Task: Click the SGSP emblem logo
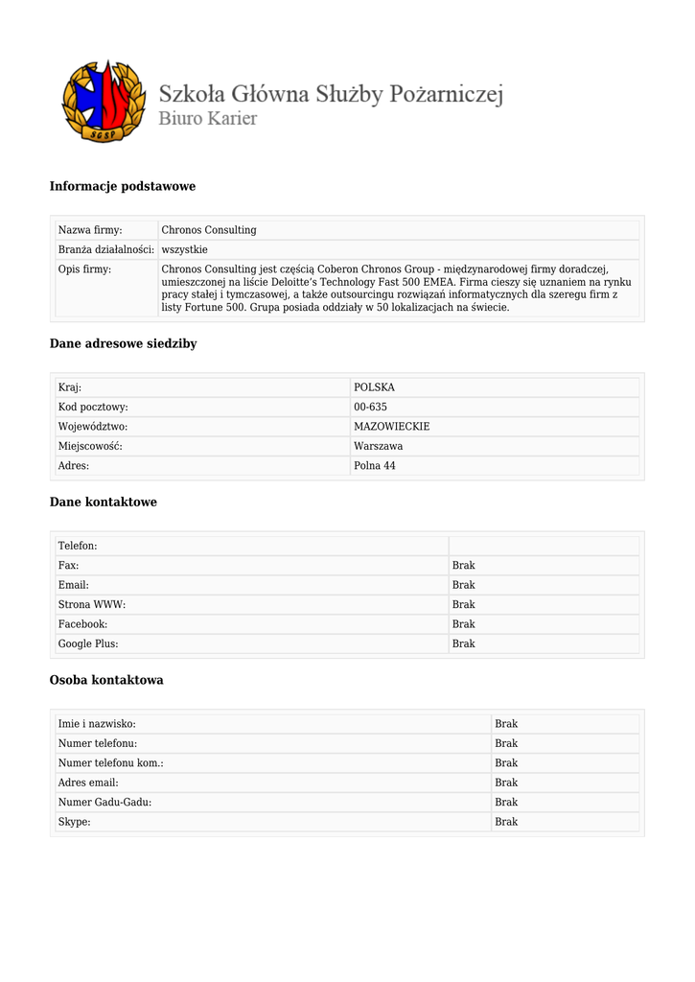pos(103,102)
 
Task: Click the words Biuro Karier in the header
pos(207,120)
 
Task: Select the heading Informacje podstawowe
pos(122,186)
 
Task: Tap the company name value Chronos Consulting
pos(209,230)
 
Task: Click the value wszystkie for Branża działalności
pos(184,249)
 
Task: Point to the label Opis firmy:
pos(84,269)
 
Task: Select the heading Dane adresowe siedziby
pos(123,343)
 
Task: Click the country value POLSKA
pos(374,387)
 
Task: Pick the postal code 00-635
pos(370,407)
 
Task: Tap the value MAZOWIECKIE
pos(391,426)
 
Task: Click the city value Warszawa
pos(378,446)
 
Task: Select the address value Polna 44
pos(374,465)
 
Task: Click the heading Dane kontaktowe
pos(103,502)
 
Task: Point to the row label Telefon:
pos(78,546)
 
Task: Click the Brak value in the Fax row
pos(463,566)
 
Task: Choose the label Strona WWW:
pos(92,604)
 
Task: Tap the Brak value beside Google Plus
pos(463,643)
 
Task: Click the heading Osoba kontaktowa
pos(106,680)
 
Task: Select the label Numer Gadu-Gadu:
pos(104,802)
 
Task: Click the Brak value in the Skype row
pos(505,822)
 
